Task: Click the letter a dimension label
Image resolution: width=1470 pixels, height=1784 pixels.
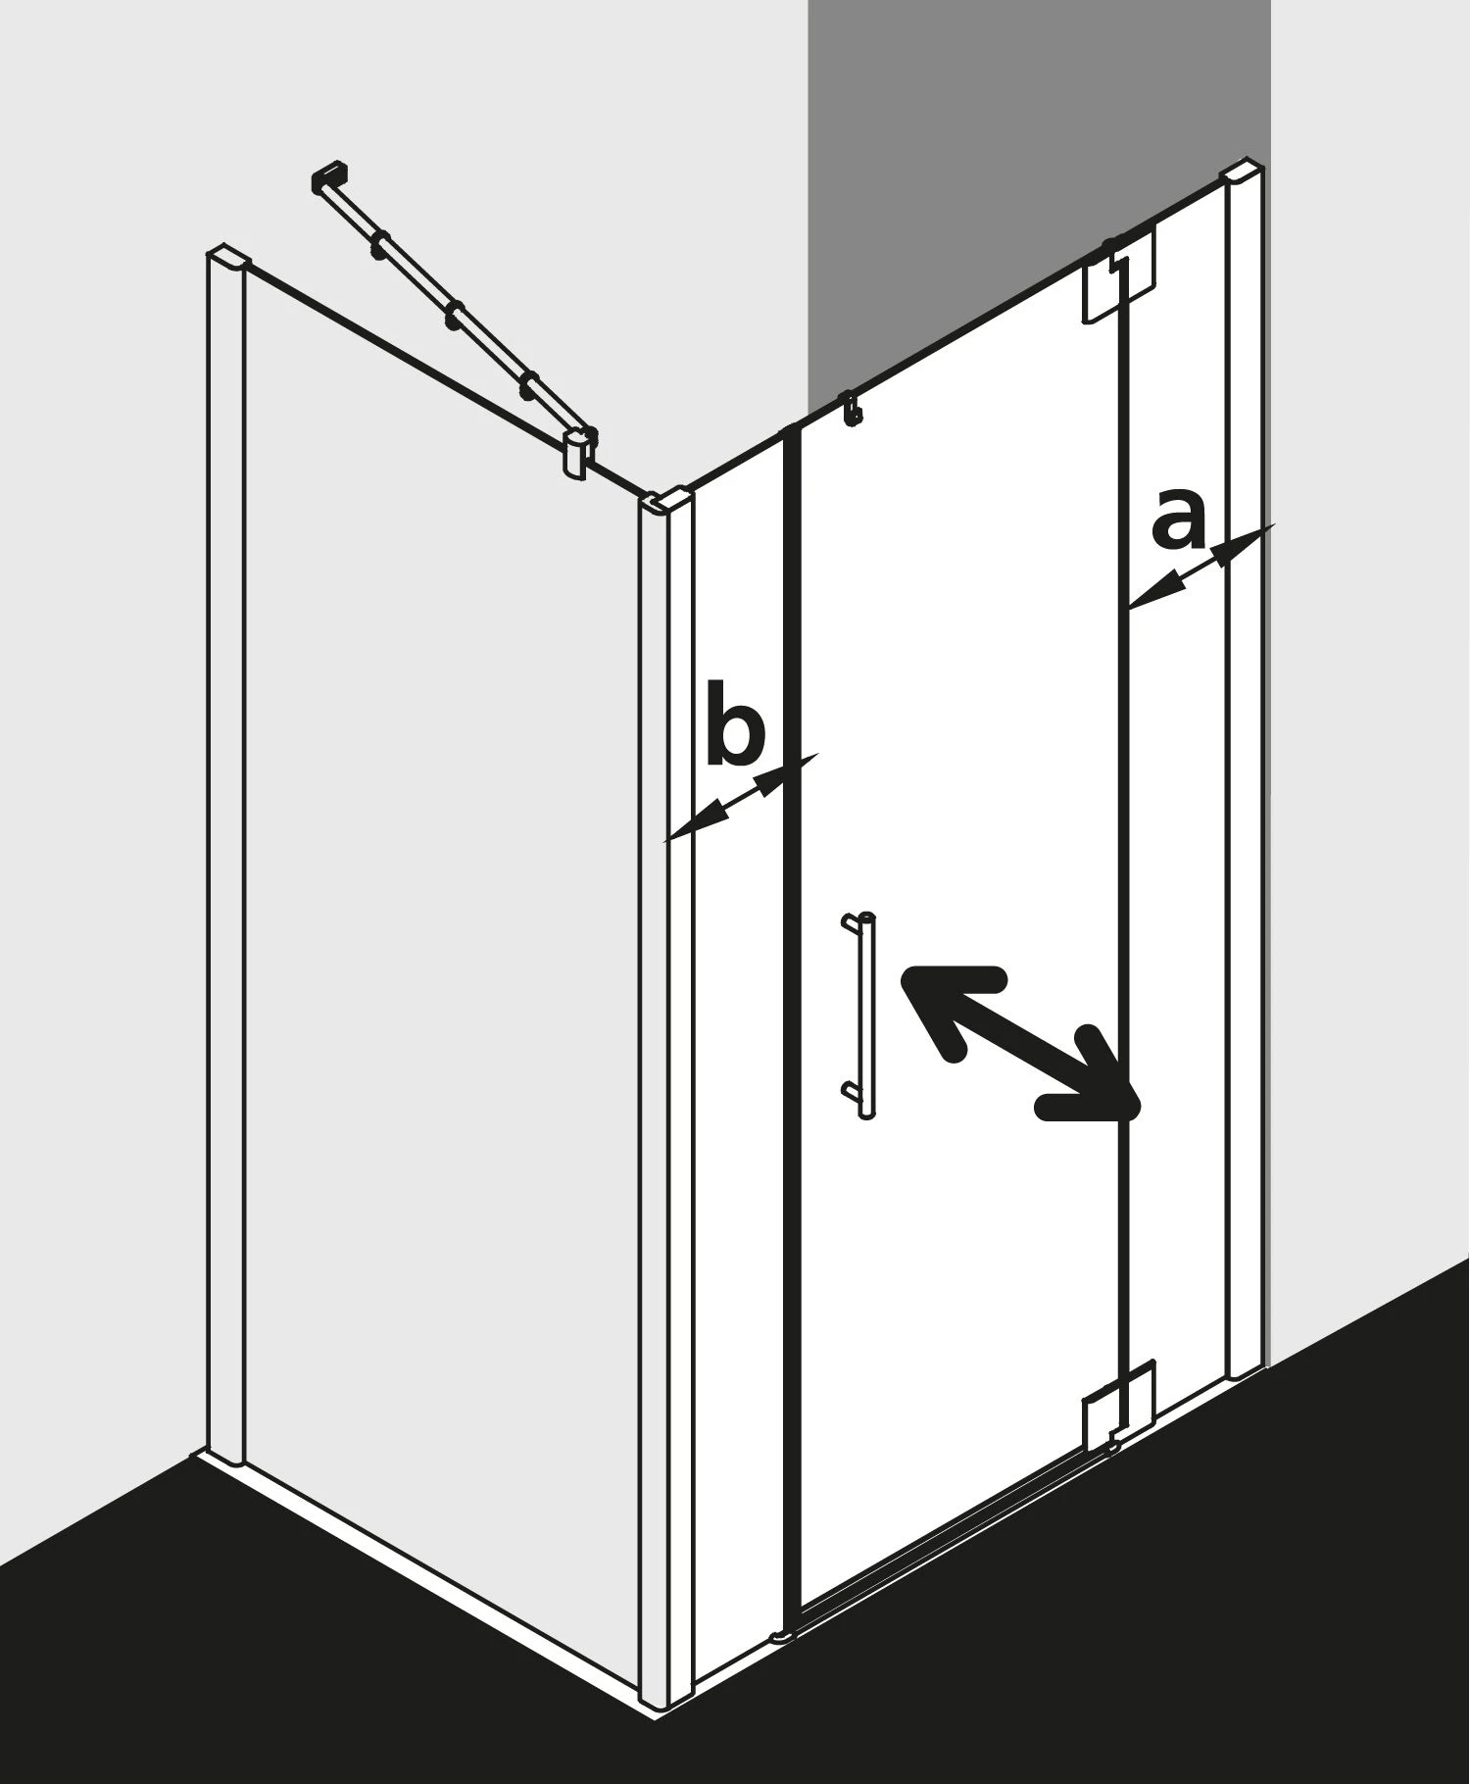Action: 1177,520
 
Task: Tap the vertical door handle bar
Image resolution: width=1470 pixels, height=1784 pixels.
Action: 866,1016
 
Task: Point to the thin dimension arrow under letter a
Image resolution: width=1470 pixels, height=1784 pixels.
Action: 1200,566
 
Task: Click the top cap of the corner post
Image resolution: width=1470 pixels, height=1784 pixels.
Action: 665,501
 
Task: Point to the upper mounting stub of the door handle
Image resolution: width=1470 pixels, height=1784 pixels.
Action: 851,919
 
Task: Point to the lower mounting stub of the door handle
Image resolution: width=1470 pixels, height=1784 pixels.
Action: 851,1088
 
